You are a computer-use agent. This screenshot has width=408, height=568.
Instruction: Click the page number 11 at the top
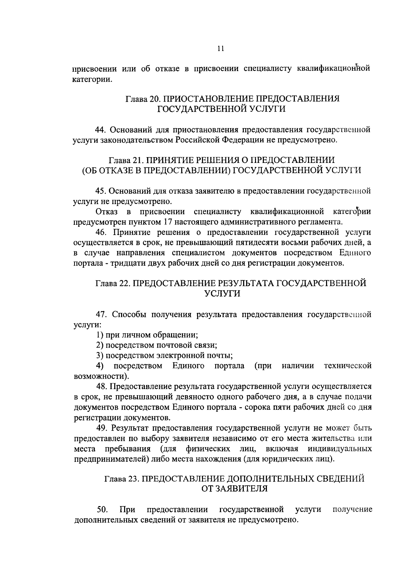(220, 49)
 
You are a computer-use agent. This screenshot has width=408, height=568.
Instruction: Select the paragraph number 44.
(101, 130)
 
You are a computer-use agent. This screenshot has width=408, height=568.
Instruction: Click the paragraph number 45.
(101, 191)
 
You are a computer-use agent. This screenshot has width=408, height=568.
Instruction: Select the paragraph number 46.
(101, 233)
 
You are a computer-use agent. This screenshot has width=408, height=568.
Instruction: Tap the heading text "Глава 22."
(112, 284)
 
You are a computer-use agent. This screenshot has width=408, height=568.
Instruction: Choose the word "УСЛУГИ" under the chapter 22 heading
(222, 294)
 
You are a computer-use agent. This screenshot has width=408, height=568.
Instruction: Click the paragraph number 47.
(101, 315)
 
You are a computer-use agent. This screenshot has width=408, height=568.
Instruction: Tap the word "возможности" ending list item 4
(100, 376)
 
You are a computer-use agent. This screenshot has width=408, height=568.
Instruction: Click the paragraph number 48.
(101, 386)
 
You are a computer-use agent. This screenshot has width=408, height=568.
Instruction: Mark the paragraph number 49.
(101, 428)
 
